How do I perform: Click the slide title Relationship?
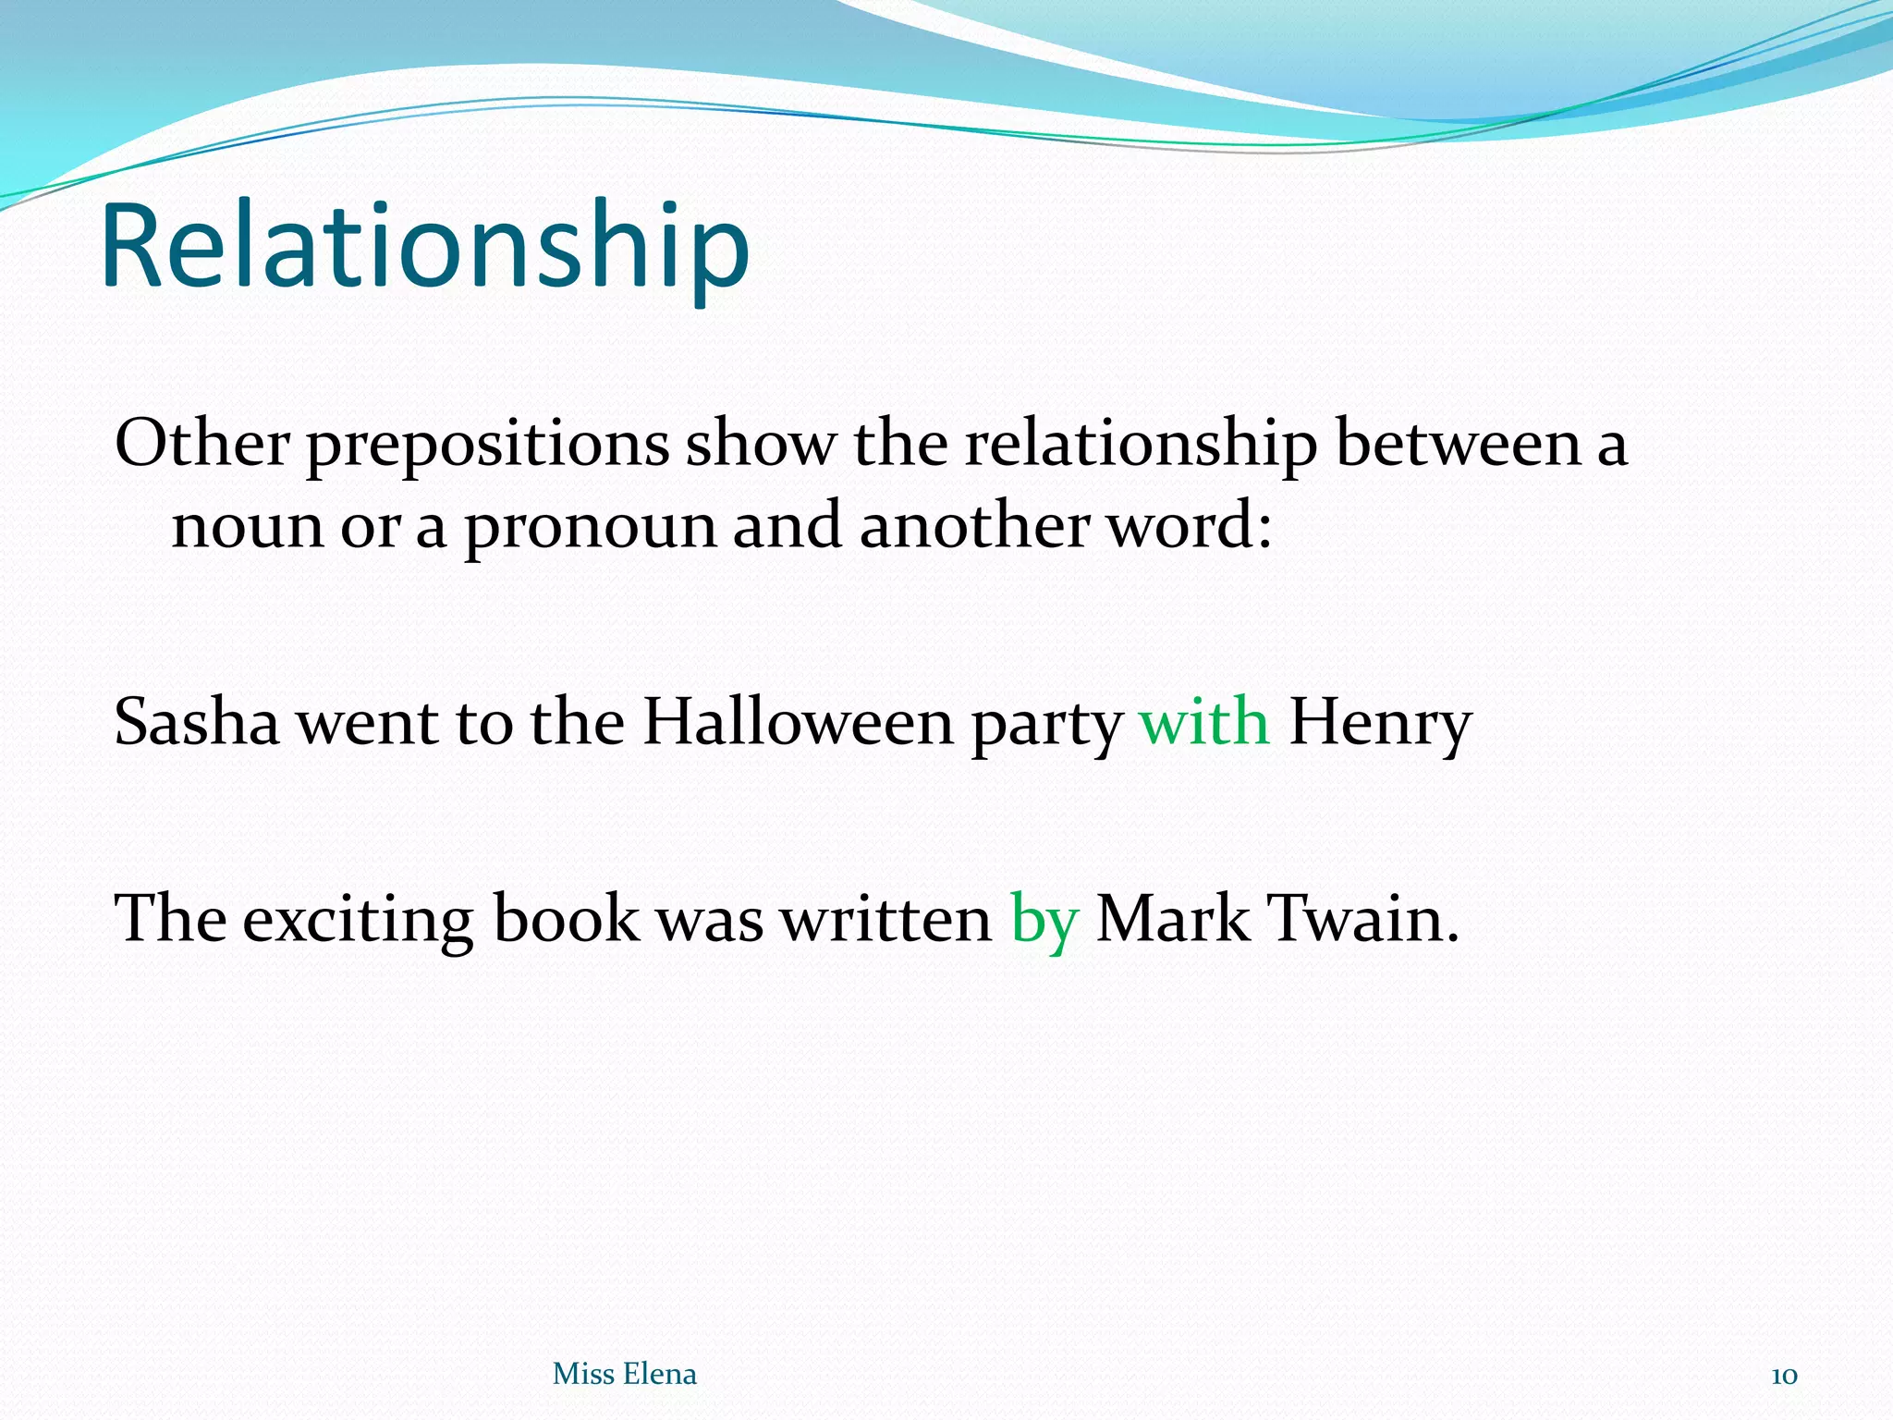click(424, 248)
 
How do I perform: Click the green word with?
click(1204, 722)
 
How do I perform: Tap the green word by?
click(1044, 920)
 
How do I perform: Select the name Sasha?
click(196, 722)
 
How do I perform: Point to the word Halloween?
click(798, 722)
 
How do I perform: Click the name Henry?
click(1379, 724)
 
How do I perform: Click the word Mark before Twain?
click(1172, 920)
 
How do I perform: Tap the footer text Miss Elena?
click(624, 1374)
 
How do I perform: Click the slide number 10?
click(1784, 1376)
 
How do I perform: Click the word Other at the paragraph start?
click(202, 444)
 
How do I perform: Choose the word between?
click(1458, 444)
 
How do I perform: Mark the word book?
click(566, 920)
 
